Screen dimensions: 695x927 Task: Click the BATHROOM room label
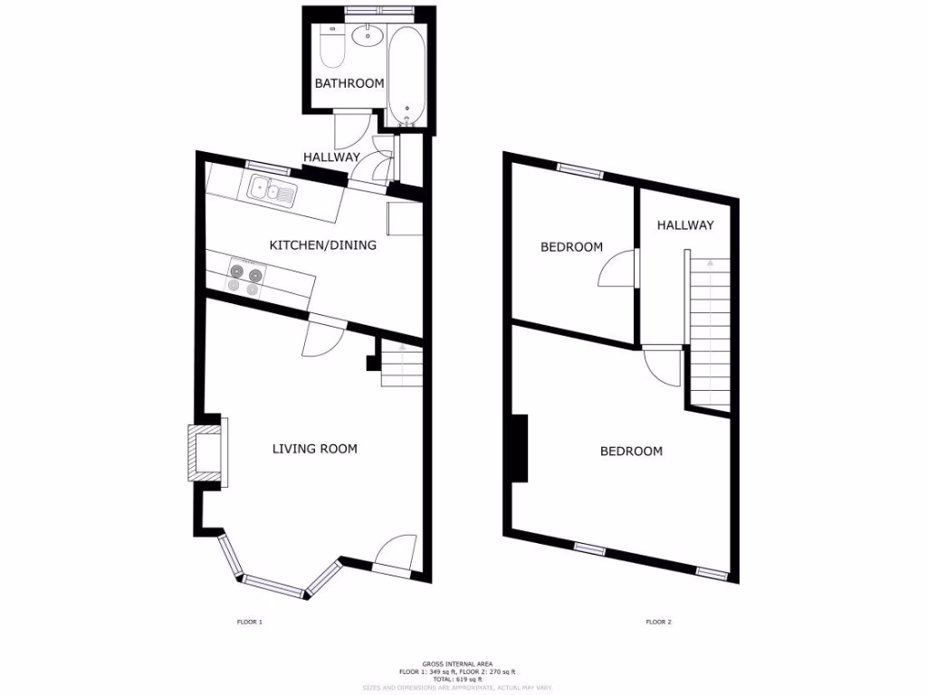349,83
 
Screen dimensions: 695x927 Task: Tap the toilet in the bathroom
331,47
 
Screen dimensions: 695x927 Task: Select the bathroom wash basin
368,37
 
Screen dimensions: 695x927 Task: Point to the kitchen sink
271,191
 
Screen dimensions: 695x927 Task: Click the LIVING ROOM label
314,449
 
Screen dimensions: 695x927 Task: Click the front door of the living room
395,554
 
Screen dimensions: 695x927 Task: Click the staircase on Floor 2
710,330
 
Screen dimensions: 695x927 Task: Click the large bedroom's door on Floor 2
663,366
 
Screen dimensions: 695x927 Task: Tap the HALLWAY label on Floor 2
684,225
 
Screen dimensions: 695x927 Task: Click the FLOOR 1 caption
249,623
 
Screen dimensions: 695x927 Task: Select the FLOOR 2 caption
658,623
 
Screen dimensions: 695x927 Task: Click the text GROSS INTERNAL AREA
457,663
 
